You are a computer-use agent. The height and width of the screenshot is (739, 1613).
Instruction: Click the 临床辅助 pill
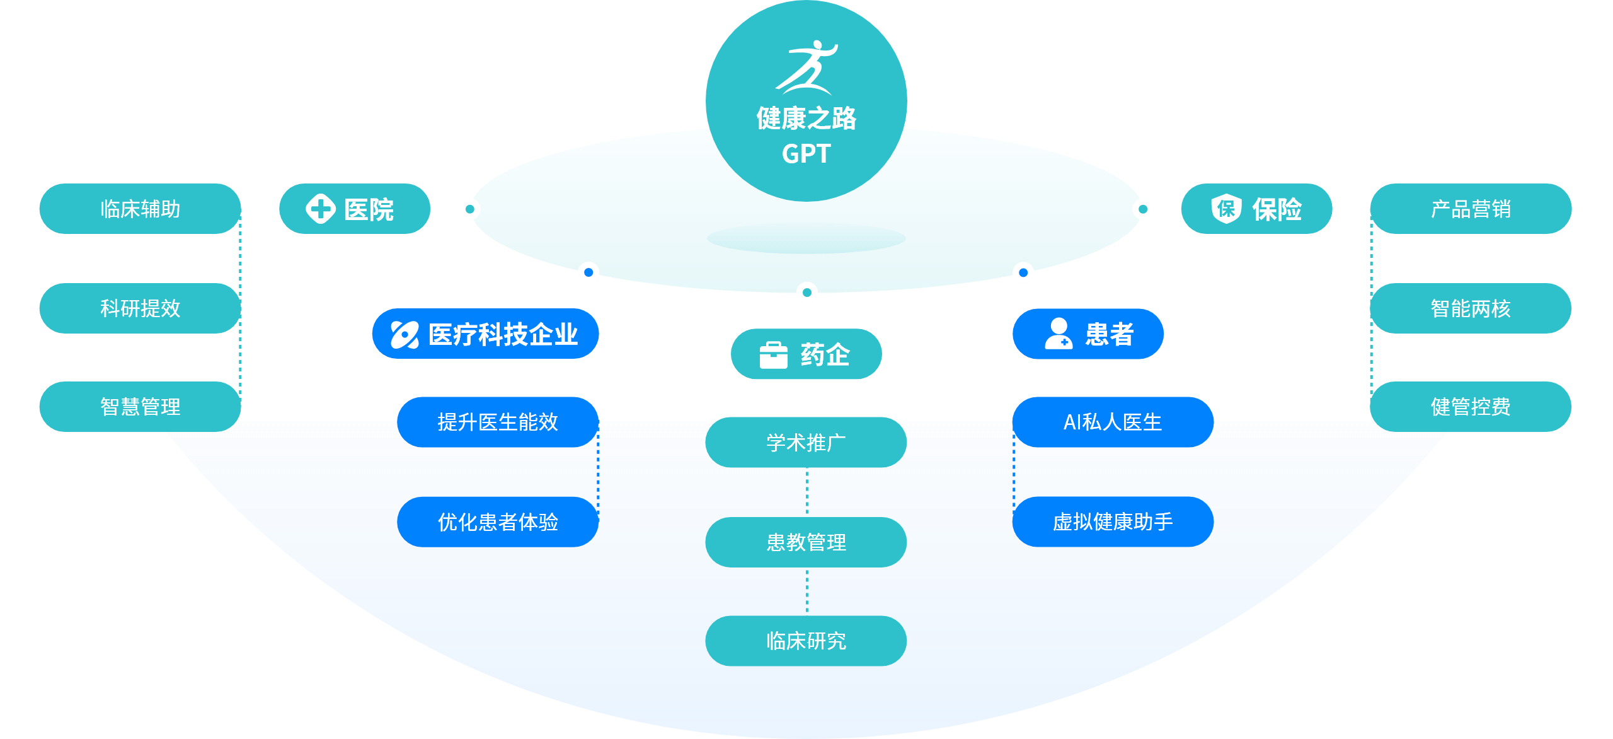(140, 209)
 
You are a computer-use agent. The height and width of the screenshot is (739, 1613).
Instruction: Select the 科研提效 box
(140, 308)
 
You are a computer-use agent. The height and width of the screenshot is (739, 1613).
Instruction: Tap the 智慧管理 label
(140, 407)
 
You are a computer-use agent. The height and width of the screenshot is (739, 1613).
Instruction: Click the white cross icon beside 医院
(321, 209)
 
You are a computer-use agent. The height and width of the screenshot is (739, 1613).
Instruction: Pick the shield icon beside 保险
(1226, 209)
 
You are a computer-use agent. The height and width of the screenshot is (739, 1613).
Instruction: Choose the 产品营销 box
(1471, 209)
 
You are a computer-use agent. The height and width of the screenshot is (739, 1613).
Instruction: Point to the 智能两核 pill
(1471, 308)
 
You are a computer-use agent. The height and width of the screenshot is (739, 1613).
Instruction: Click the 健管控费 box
(1471, 407)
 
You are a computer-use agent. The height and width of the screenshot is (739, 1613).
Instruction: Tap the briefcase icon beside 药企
(773, 355)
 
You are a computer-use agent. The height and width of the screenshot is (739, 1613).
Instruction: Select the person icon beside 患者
(1059, 334)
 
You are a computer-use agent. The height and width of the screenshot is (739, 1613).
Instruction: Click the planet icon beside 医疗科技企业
(405, 334)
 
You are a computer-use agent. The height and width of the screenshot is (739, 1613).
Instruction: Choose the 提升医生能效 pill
(498, 422)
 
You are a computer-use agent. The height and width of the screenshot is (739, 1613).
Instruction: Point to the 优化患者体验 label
(498, 522)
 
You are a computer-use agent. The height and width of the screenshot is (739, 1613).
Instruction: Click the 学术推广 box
(806, 443)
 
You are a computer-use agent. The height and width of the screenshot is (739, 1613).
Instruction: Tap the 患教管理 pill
(806, 542)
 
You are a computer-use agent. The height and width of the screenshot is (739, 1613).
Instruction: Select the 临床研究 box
(806, 641)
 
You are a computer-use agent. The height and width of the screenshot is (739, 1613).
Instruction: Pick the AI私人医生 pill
(1113, 422)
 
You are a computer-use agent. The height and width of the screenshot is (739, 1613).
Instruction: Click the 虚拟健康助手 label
(1113, 522)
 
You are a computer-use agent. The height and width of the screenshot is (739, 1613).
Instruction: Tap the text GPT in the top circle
(806, 154)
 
